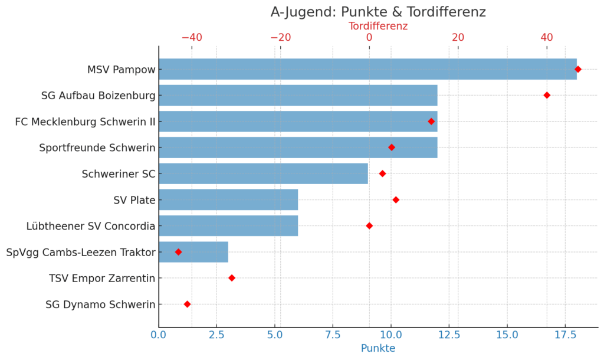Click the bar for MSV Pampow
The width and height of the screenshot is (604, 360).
(367, 69)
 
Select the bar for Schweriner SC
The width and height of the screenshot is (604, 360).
(263, 174)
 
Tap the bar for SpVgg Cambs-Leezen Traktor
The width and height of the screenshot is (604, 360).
(193, 252)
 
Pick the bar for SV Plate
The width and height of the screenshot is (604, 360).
(228, 200)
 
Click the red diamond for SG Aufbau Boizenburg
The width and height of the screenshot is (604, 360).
(547, 95)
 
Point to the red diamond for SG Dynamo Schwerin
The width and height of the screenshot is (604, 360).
(187, 305)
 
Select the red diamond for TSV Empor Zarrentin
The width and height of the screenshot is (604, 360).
(232, 278)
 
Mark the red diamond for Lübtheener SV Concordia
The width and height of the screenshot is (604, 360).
(369, 226)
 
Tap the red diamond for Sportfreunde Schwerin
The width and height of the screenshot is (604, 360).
(392, 148)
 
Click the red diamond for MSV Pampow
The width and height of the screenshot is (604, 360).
(578, 69)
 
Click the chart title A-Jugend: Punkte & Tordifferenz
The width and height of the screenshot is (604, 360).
(378, 12)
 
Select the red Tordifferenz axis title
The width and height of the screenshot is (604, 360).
(378, 26)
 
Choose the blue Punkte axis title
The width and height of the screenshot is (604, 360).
(378, 348)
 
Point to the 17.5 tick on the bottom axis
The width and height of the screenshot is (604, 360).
(565, 335)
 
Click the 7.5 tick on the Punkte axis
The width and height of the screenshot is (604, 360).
(333, 335)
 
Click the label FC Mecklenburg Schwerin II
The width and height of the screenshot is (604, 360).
(85, 122)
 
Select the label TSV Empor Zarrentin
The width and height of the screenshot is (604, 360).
(102, 278)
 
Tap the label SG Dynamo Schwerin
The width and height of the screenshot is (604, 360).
(100, 305)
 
